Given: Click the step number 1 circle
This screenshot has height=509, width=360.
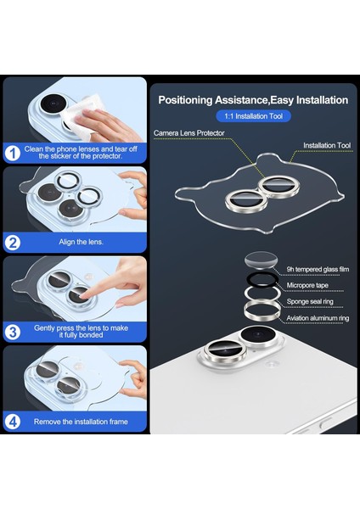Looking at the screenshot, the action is click(x=13, y=154).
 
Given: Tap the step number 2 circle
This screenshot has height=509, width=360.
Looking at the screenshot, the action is click(x=13, y=243).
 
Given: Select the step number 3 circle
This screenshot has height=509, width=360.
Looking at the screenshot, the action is click(x=13, y=332).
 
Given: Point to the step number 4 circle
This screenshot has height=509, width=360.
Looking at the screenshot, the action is click(x=13, y=422).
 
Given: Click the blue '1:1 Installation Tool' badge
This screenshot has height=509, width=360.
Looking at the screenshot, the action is click(x=253, y=116).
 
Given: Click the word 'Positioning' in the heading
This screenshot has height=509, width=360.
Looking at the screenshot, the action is click(x=185, y=100).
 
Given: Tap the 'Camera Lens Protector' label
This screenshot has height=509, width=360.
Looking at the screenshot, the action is click(x=188, y=133).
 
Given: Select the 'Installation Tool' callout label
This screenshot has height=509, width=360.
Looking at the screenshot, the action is click(x=327, y=145).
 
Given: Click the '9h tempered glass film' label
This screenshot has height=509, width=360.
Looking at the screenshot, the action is click(x=318, y=269).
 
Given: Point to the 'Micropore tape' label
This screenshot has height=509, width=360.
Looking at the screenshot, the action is click(x=307, y=285).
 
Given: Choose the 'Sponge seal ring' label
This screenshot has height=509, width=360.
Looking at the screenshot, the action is click(x=310, y=301).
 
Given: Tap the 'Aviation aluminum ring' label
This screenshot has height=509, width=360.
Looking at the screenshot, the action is click(x=318, y=318).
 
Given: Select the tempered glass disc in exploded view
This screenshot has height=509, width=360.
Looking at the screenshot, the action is click(x=261, y=260).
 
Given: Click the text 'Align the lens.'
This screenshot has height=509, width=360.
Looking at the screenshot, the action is click(x=82, y=242).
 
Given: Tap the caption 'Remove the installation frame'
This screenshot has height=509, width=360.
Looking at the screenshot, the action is click(x=81, y=422).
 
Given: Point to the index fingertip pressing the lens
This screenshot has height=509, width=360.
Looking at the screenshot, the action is click(x=84, y=294).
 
